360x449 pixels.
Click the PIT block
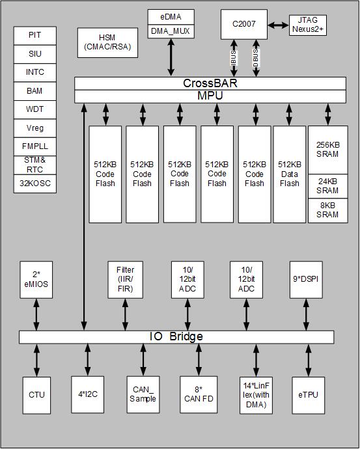pyautogui.click(x=35, y=35)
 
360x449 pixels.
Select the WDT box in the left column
pyautogui.click(x=35, y=109)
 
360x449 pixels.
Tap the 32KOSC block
pyautogui.click(x=35, y=184)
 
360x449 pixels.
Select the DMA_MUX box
pyautogui.click(x=171, y=31)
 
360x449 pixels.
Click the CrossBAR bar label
pyautogui.click(x=210, y=83)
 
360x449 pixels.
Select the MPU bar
pyautogui.click(x=210, y=96)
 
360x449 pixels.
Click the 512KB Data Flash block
pyautogui.click(x=289, y=174)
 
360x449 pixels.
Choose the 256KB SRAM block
pyautogui.click(x=327, y=149)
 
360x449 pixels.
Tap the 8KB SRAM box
pyautogui.click(x=327, y=210)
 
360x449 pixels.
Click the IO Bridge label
pyautogui.click(x=176, y=336)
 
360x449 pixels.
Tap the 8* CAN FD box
pyautogui.click(x=198, y=394)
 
